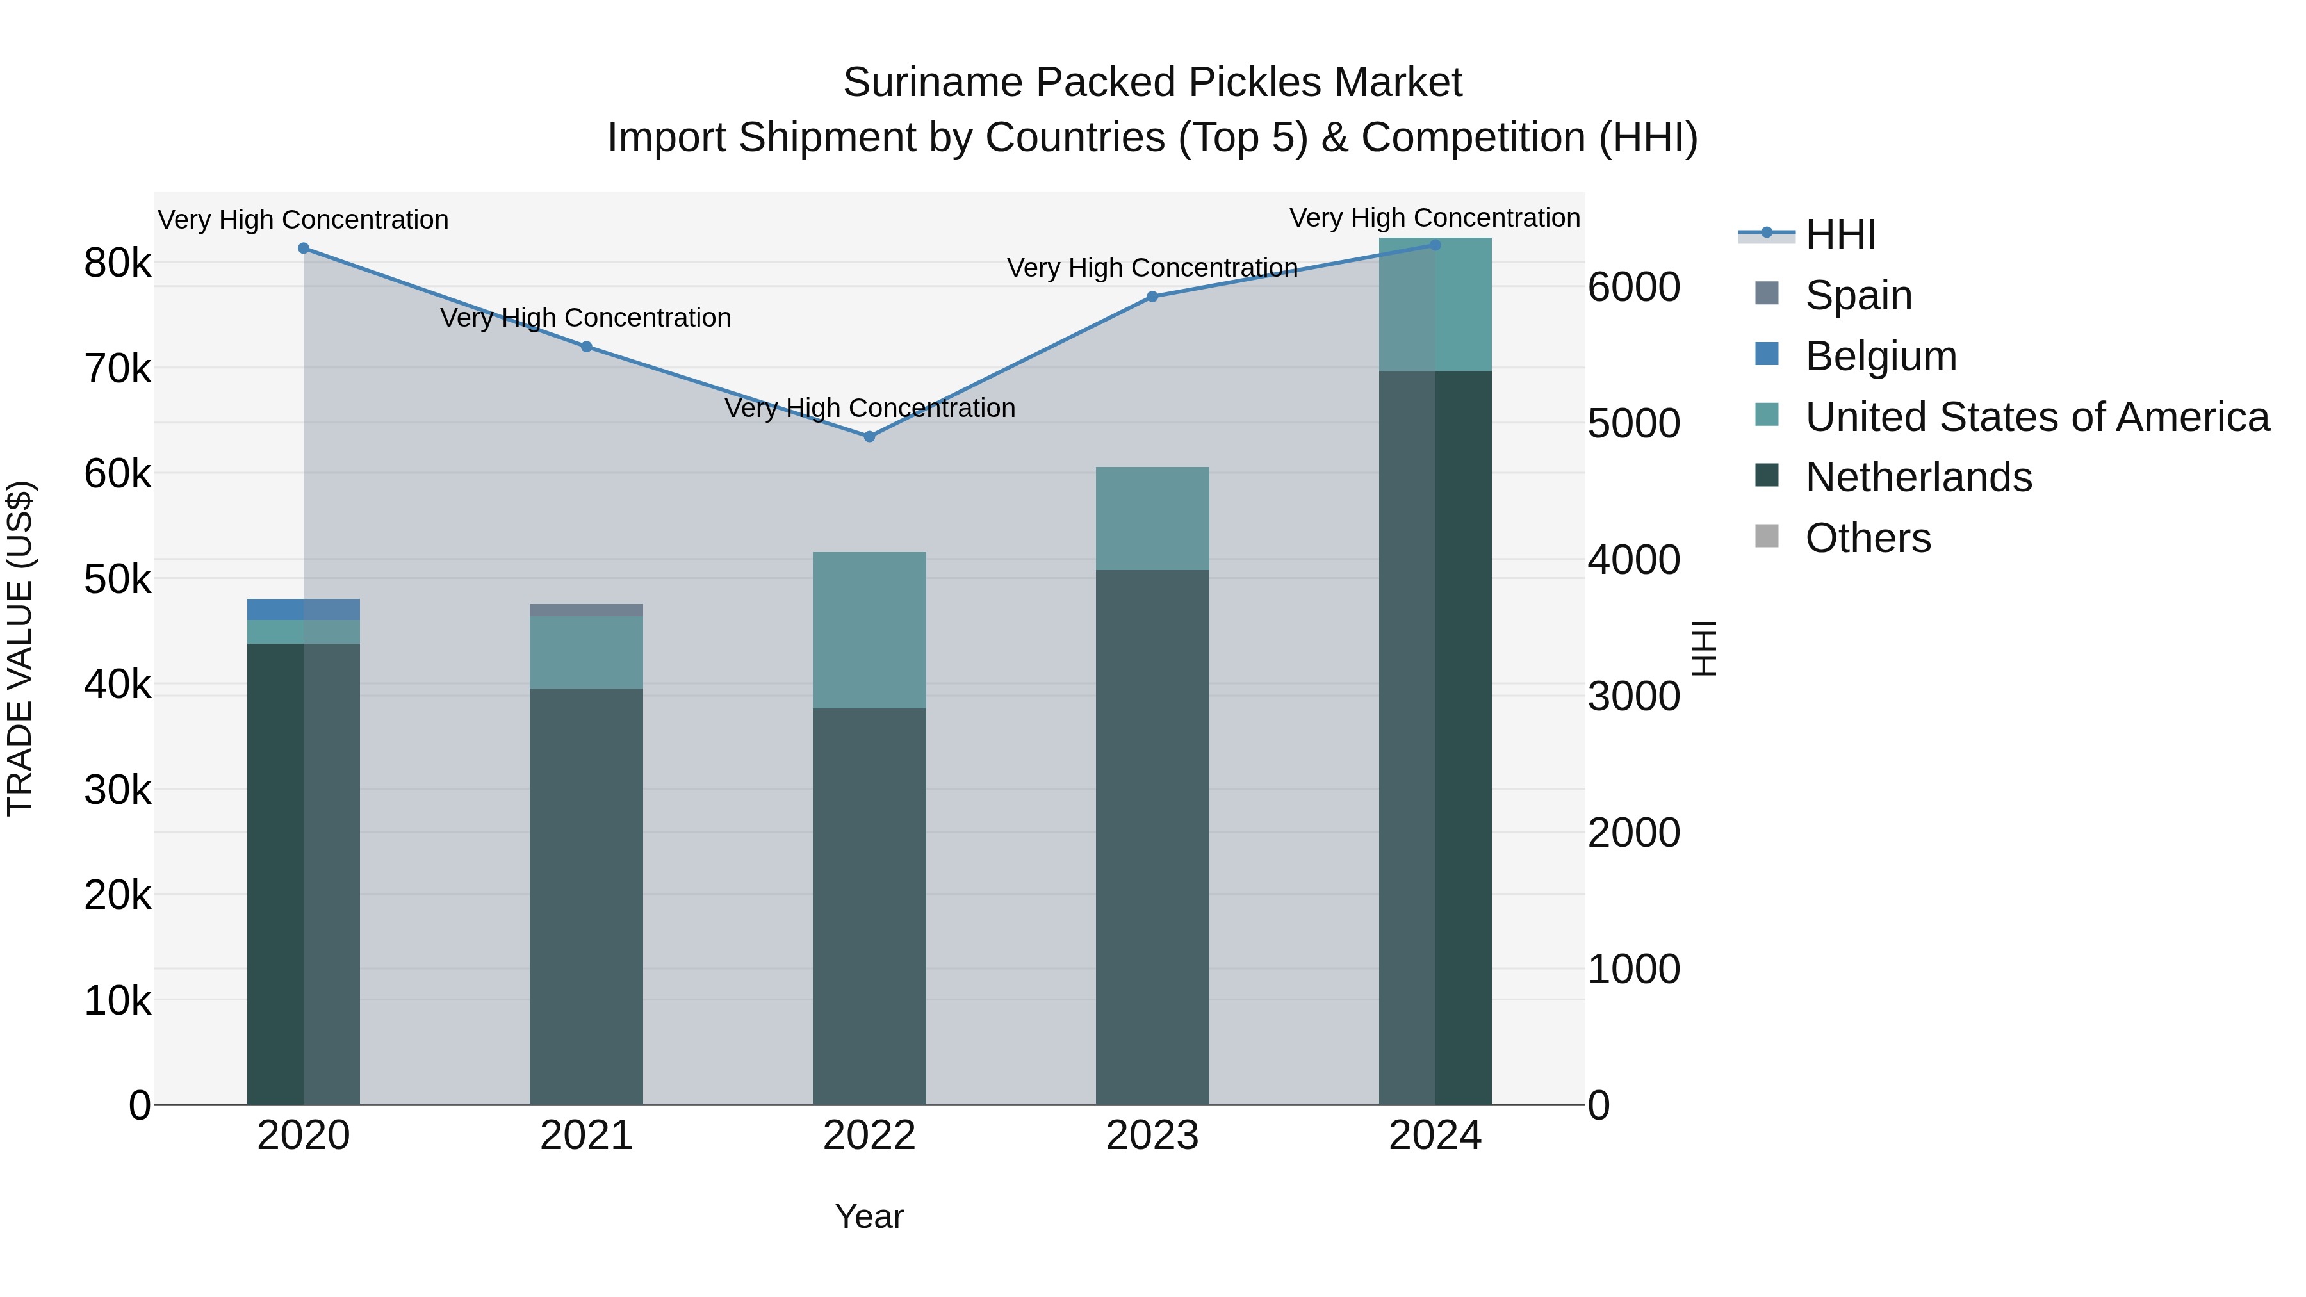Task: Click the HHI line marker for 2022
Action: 869,437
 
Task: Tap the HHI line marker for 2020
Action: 304,248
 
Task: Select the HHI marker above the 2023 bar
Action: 1152,297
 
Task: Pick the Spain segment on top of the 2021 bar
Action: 586,610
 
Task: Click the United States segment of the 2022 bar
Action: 869,630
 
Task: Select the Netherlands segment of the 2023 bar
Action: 1152,837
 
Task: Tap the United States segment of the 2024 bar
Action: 1435,304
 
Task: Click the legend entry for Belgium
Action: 1880,356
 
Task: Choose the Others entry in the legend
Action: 1867,538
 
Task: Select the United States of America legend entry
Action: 2036,417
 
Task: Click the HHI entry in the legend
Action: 1840,234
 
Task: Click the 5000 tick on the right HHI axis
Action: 1633,423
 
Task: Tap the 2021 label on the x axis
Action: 586,1136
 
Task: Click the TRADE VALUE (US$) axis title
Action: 20,648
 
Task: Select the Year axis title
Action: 869,1216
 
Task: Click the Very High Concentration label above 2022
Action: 869,408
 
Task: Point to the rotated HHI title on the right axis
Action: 1705,648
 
